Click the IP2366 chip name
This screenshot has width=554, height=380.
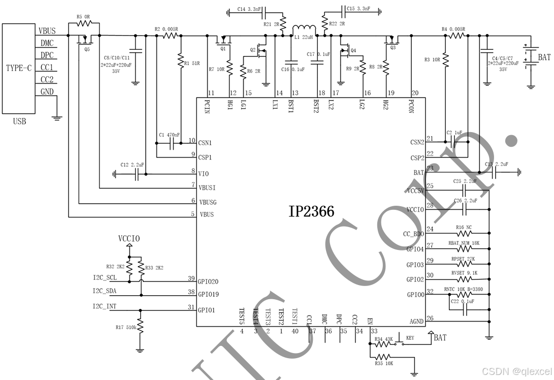point(311,211)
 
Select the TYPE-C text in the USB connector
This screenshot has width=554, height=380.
point(22,68)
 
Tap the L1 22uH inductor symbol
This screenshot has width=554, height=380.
point(305,28)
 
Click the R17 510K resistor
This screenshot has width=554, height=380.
point(140,327)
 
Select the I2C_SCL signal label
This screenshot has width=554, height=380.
point(105,278)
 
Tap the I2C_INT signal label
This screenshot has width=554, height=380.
point(105,306)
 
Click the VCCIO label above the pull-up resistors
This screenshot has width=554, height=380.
point(129,239)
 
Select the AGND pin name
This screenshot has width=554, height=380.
point(416,322)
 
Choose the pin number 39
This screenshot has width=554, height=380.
point(191,278)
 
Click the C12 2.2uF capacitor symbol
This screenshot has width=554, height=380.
point(137,174)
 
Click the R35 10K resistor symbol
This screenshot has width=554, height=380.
point(384,357)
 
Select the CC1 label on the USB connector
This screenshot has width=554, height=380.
point(47,68)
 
